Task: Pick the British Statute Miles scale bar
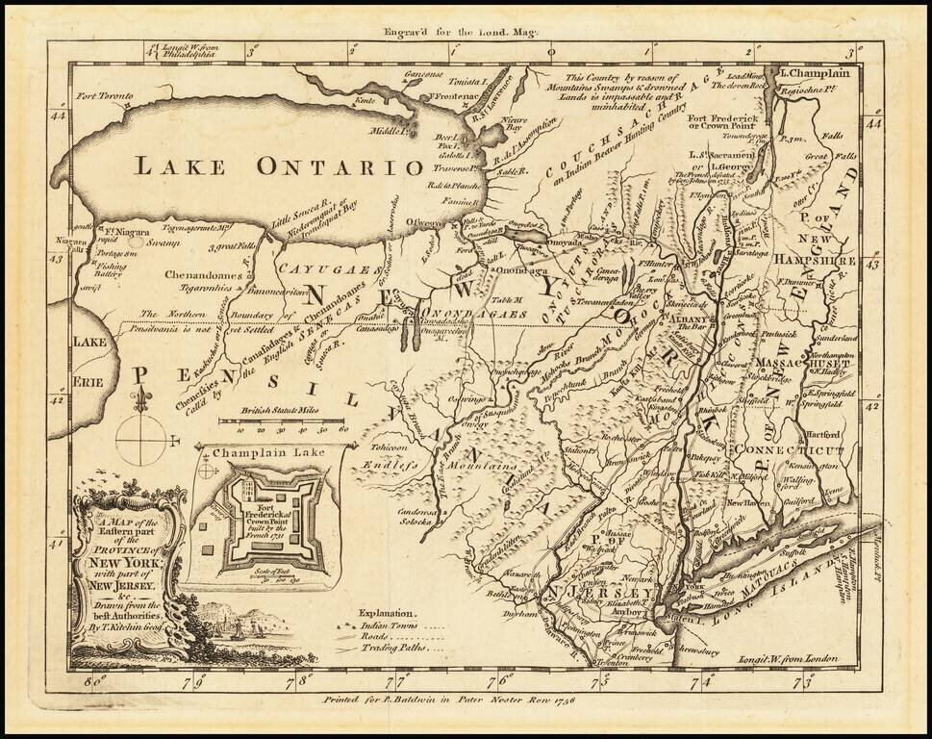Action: click(x=283, y=421)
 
